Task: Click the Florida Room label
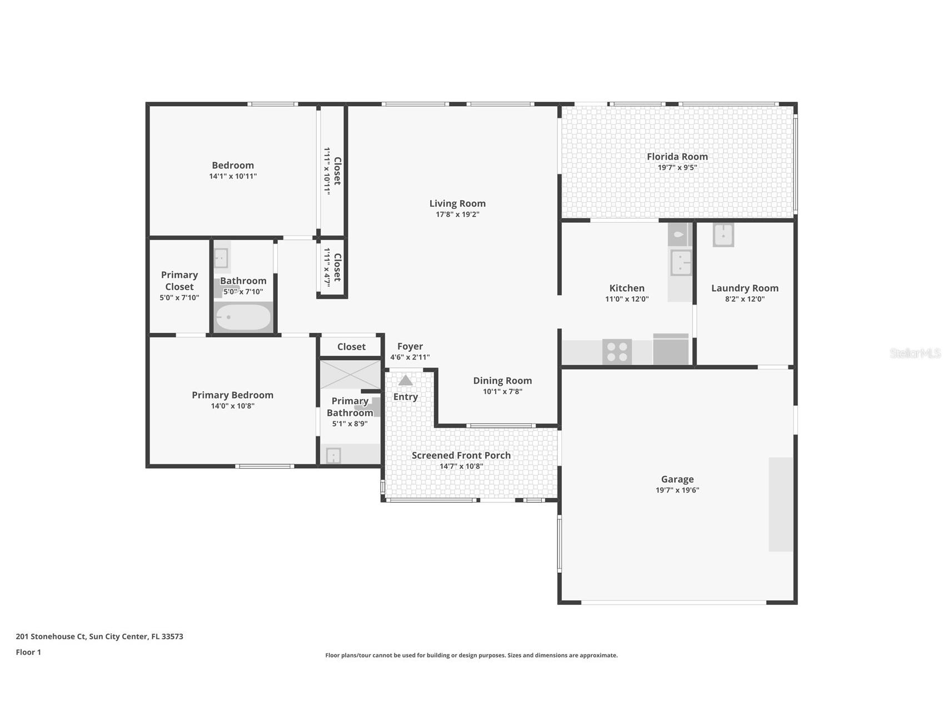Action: click(677, 157)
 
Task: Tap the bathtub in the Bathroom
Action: click(243, 317)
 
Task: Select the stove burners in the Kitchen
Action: click(617, 351)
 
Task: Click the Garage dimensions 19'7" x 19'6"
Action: click(677, 490)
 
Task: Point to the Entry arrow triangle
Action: click(406, 381)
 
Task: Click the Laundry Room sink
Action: click(723, 235)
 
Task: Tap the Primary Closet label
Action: click(179, 281)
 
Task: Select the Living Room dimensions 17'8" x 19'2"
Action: click(457, 215)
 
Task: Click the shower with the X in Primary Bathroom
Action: click(350, 374)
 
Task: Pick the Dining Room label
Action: click(502, 381)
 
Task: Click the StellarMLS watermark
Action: click(915, 353)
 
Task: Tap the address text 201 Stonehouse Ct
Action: click(99, 636)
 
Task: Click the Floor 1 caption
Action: click(28, 652)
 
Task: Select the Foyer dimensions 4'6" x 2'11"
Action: click(410, 357)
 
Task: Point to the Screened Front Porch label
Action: click(461, 455)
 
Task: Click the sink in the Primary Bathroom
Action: click(333, 456)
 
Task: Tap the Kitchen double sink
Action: click(681, 262)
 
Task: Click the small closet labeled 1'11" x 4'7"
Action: click(332, 267)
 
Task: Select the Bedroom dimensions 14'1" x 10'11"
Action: click(233, 176)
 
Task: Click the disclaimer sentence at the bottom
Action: click(471, 655)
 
